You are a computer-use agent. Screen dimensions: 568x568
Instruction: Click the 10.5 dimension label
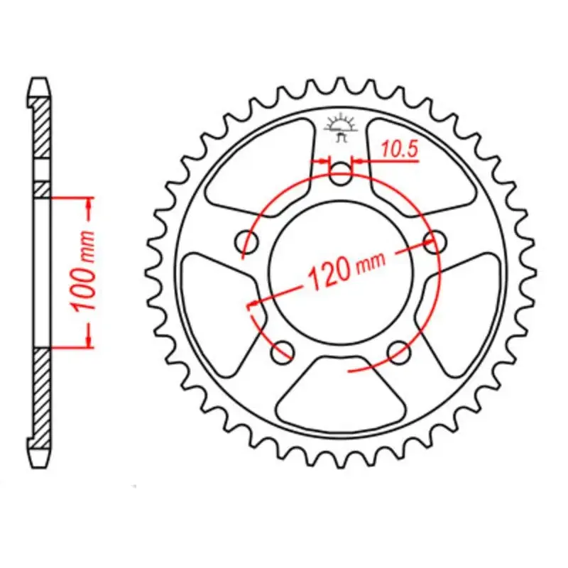[400, 149]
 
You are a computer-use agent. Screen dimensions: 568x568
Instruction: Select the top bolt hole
[340, 173]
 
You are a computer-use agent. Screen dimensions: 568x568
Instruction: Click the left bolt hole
[246, 241]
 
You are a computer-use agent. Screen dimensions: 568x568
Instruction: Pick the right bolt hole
[435, 241]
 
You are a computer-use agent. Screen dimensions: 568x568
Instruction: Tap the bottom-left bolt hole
[283, 351]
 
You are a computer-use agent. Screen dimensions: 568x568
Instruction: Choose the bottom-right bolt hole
[399, 351]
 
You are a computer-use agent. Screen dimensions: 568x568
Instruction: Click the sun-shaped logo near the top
[341, 127]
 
